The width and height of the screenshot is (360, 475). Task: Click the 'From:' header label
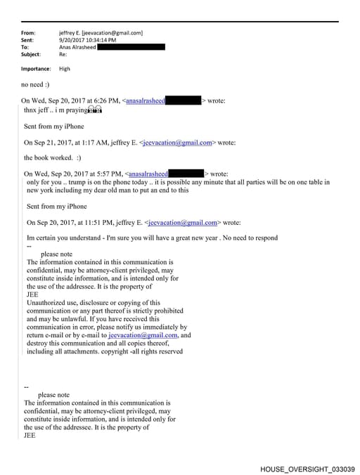[x=28, y=32]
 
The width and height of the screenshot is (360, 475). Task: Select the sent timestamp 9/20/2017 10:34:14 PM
[x=88, y=40]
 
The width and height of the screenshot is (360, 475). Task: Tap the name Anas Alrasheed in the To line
[x=78, y=47]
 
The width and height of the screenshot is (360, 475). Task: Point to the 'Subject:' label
[x=31, y=54]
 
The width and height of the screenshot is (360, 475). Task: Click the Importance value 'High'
[x=65, y=69]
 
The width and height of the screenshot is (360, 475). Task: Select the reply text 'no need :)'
[x=36, y=85]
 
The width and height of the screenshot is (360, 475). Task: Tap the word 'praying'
[x=77, y=110]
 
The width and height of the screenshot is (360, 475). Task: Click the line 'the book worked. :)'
[x=53, y=158]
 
